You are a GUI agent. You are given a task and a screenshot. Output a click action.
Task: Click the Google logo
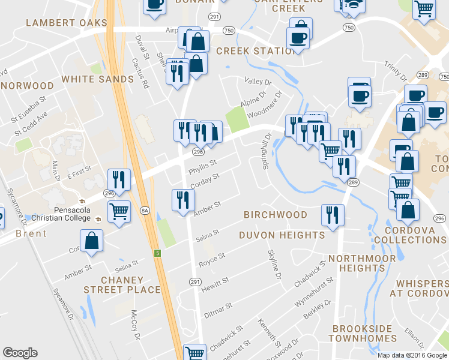pos(20,353)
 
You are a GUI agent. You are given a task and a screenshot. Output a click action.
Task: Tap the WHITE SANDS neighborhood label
pos(97,79)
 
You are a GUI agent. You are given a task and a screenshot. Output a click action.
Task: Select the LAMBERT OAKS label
pos(66,23)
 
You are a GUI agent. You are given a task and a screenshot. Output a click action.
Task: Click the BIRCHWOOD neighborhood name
pos(276,215)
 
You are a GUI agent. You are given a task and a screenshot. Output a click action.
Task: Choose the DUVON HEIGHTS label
pos(282,235)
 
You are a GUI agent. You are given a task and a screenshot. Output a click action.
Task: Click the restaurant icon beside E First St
pos(119,179)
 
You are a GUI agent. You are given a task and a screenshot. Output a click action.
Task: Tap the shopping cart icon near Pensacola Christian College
pos(119,211)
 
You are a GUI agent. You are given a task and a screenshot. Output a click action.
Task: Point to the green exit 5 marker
pos(157,253)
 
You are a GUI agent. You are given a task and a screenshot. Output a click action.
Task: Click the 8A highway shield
pos(144,211)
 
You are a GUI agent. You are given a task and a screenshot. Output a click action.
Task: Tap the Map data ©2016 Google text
pos(412,355)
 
